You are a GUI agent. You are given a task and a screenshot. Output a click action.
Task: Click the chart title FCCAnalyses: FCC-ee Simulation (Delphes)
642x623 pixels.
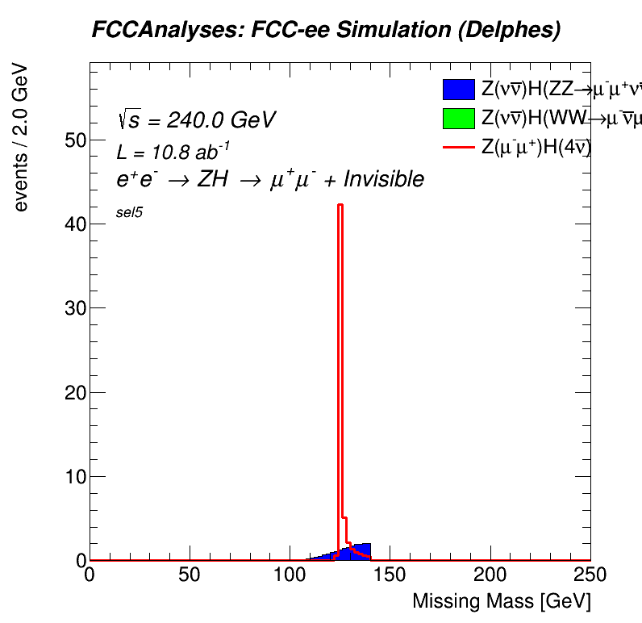click(x=325, y=31)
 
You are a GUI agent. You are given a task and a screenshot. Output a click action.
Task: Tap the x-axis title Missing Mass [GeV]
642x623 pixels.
click(x=501, y=601)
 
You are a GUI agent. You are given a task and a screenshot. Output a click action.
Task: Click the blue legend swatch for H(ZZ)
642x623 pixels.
click(x=458, y=90)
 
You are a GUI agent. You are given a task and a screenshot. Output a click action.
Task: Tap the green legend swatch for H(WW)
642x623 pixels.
click(x=458, y=118)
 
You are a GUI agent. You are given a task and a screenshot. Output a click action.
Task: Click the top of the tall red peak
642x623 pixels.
click(x=340, y=205)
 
